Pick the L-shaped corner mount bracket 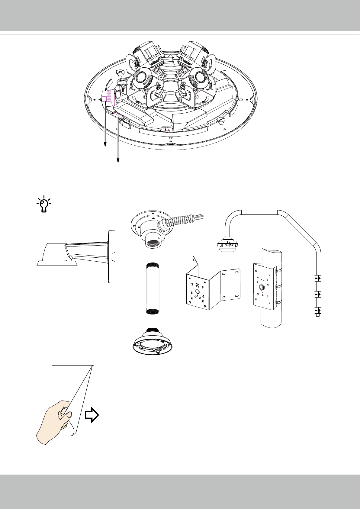pos(213,285)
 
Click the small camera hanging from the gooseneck pos(226,245)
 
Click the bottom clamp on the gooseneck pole pos(317,310)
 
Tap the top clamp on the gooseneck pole pos(317,277)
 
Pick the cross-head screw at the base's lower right pos(220,121)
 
